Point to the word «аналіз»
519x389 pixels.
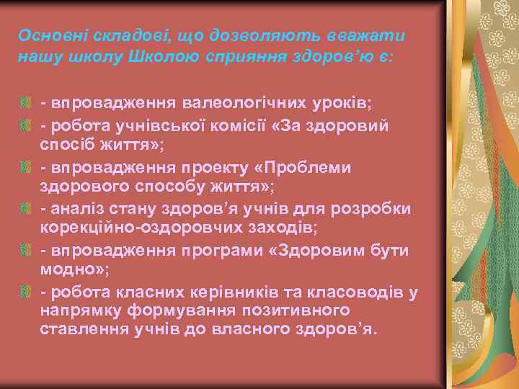pyautogui.click(x=78, y=209)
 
